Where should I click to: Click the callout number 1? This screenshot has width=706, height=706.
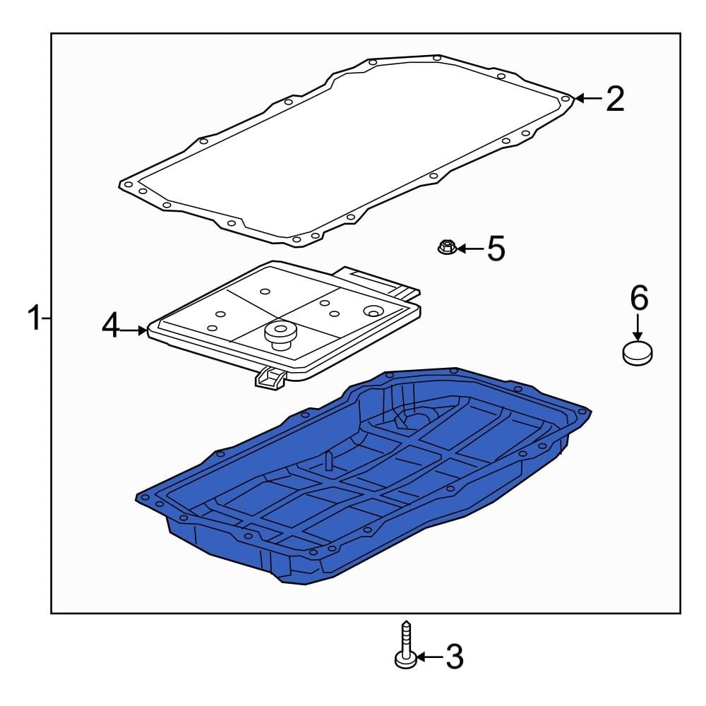coord(32,318)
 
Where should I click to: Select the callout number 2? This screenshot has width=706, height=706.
coord(615,99)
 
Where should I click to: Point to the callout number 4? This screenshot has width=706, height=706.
coord(112,327)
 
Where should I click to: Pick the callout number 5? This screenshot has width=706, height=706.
coord(497,249)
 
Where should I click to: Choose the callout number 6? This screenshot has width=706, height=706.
coord(638,299)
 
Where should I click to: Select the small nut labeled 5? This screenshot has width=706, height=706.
coord(445,247)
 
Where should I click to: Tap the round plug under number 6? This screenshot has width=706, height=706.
coord(638,352)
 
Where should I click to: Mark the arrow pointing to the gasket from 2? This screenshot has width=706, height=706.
coord(588,99)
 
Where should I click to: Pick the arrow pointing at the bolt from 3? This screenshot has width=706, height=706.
coord(429,658)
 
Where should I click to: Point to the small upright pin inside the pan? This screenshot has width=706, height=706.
coord(328,462)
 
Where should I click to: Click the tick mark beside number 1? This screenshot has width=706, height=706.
coord(46,319)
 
